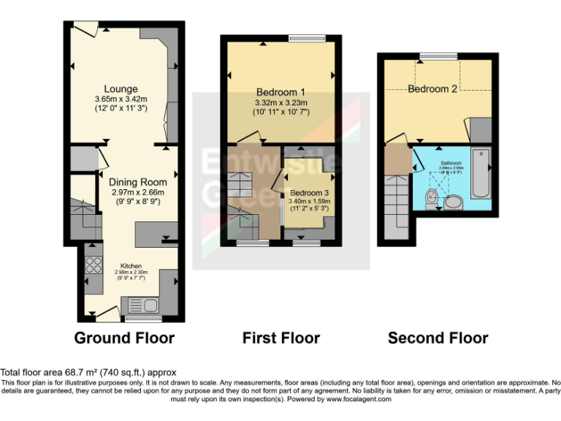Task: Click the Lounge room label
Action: point(121,89)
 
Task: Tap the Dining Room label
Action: point(137,181)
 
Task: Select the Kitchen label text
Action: point(131,265)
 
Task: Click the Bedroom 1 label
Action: point(280,92)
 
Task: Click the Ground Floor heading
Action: point(124,338)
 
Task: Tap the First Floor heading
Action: point(280,338)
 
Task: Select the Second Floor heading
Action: point(438,338)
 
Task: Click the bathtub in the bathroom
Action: point(480,174)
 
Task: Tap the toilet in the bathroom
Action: point(432,196)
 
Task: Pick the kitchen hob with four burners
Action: point(93,261)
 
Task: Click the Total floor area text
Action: point(88,373)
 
